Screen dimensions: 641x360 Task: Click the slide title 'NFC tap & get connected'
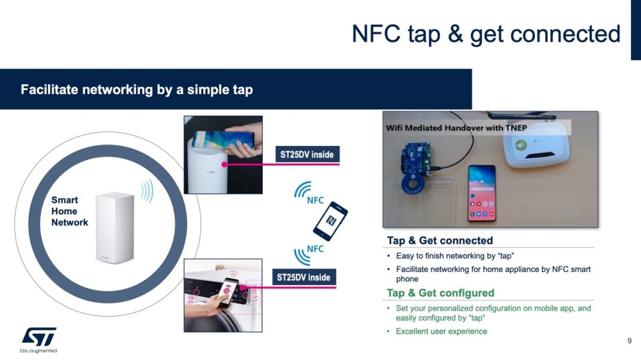485,34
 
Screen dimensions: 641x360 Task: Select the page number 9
630,341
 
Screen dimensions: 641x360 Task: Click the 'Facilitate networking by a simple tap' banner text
137,90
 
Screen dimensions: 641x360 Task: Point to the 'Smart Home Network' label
69,211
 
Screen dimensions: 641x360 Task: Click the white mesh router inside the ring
115,228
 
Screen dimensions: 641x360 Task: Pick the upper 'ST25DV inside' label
307,154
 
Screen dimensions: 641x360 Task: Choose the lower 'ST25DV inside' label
304,278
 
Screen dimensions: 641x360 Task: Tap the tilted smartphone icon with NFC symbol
331,221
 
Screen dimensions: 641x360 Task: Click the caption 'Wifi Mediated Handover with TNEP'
456,128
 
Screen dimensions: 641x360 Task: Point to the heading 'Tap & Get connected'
440,240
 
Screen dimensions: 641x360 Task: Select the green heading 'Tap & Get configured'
440,293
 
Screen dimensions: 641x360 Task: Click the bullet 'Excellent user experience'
442,332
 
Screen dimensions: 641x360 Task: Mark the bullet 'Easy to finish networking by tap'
455,256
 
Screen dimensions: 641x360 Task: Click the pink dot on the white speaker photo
224,164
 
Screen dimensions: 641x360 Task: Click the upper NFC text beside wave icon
315,200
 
